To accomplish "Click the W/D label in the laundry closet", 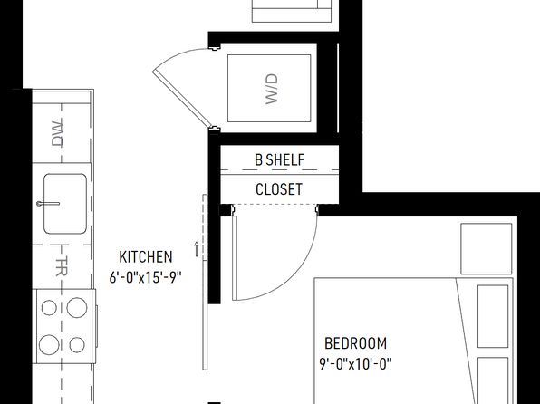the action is point(272,89).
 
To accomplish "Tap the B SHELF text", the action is point(280,159).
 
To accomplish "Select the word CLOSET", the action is point(279,189).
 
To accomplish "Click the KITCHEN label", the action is point(146,257).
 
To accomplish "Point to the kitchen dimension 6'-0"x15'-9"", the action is point(145,277).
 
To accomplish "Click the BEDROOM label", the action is point(356,343).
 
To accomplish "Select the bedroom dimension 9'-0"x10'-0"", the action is point(356,364).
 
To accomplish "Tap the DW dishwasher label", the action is point(57,133).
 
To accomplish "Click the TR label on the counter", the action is point(62,266).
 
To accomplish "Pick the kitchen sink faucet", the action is point(48,204).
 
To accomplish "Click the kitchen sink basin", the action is point(65,204).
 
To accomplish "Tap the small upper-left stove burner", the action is point(49,308).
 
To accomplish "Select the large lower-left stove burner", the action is point(49,345).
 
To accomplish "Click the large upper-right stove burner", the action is point(77,308).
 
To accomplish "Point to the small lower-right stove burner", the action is point(77,345).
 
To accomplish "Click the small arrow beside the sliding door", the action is point(197,249).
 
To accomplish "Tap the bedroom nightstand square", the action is point(487,249).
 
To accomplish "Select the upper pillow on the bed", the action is point(493,316).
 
